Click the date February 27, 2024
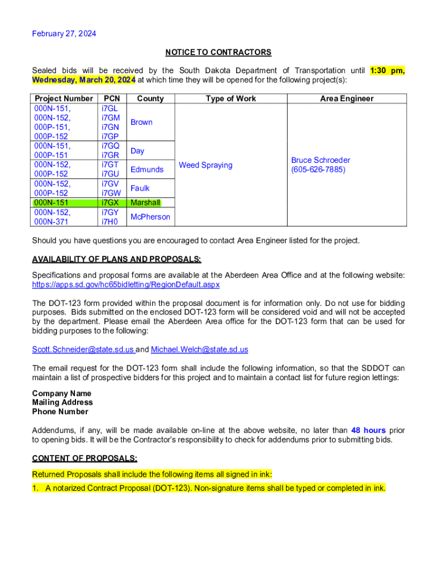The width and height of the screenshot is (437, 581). [x=64, y=33]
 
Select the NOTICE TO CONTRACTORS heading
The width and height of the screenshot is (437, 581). [x=218, y=52]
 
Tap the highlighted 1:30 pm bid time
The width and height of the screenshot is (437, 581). [x=387, y=70]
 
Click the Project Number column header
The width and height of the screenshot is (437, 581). [x=64, y=98]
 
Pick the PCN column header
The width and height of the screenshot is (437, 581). [x=112, y=98]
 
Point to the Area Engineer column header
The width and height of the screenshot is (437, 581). [x=347, y=98]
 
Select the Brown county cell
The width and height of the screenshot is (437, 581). [x=141, y=122]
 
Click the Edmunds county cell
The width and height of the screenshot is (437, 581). [x=147, y=169]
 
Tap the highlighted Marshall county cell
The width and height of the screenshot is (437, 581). [x=145, y=203]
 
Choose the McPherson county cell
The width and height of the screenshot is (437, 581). [x=150, y=217]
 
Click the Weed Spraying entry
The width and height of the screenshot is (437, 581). [x=205, y=165]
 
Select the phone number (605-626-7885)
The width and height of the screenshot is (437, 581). [x=318, y=170]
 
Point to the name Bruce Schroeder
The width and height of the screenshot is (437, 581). [x=321, y=160]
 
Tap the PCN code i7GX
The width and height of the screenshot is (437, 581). [x=110, y=203]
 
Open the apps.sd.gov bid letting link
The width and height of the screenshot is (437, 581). [x=126, y=284]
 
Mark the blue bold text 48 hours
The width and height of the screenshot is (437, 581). [x=368, y=430]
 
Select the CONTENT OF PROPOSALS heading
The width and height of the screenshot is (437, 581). [x=85, y=458]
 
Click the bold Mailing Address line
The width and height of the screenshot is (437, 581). [x=62, y=402]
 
